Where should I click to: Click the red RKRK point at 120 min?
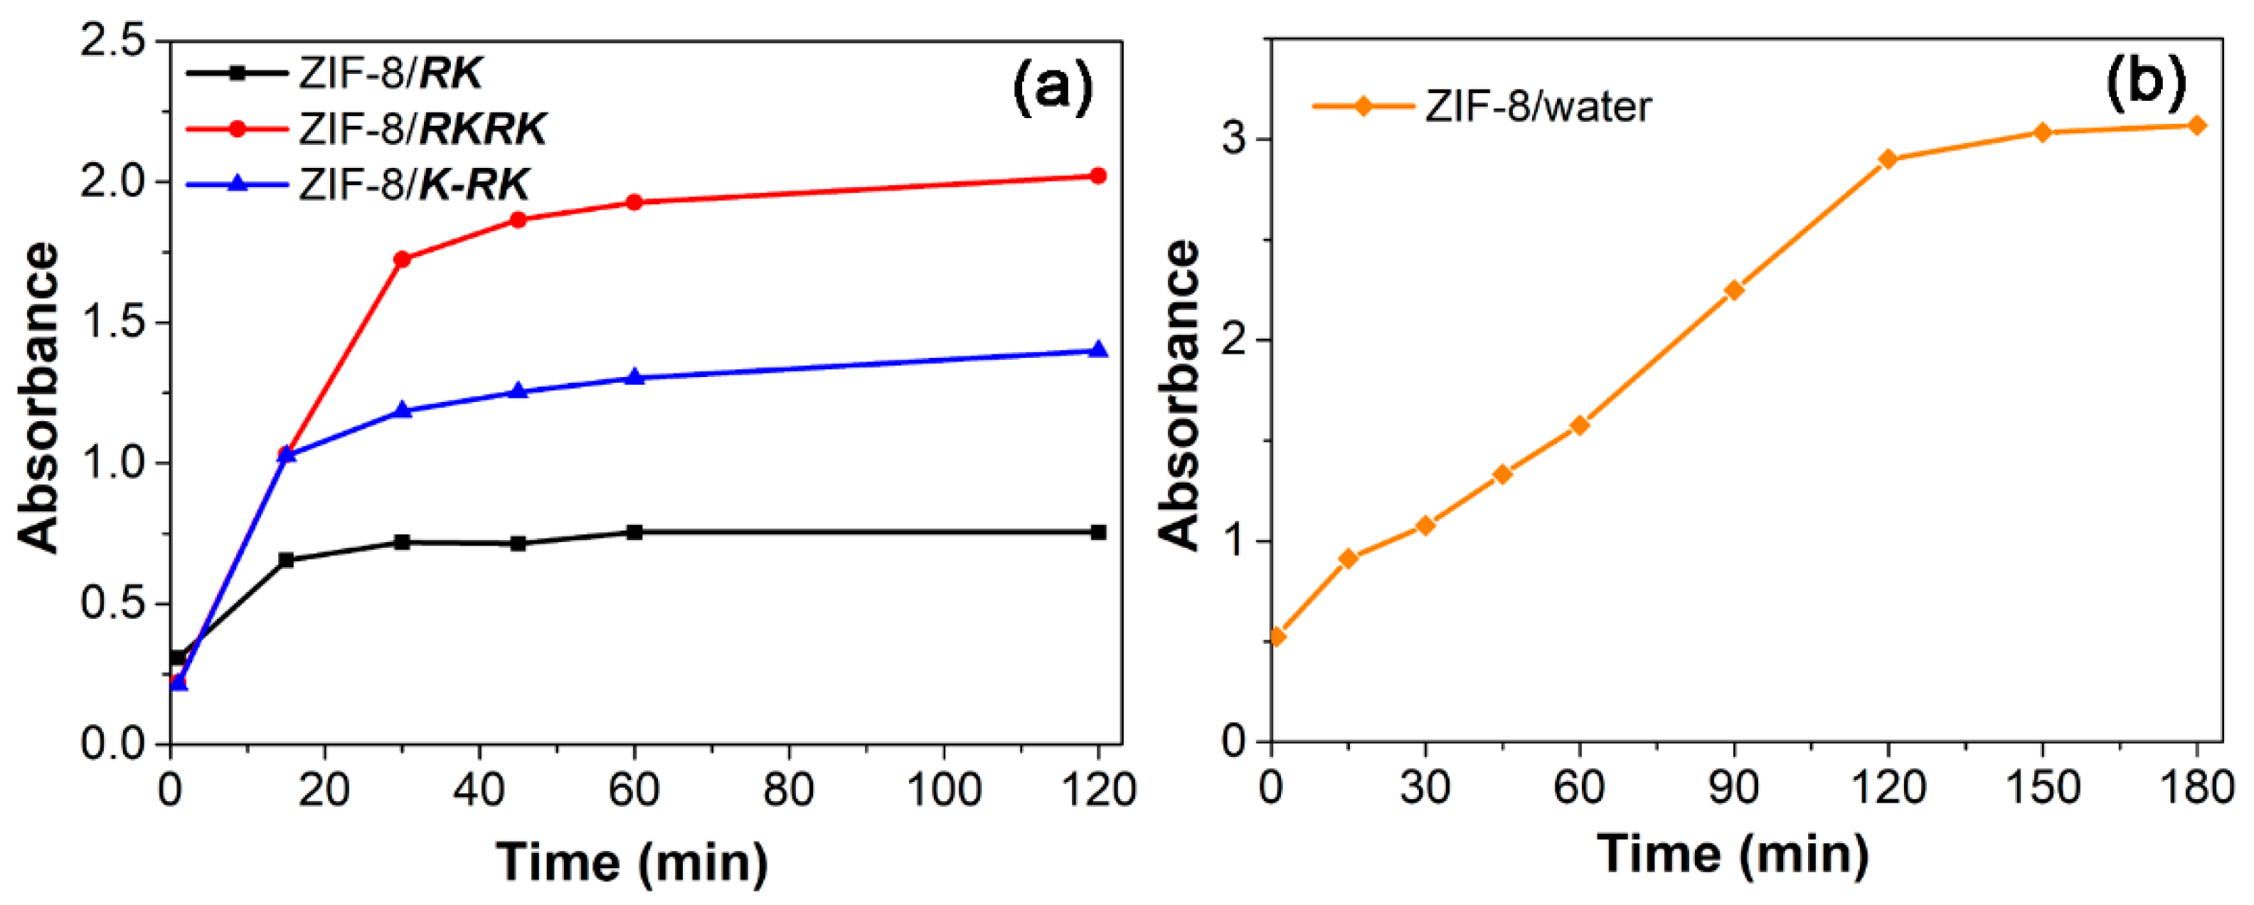click(x=1098, y=176)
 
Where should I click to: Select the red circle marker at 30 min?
click(x=403, y=259)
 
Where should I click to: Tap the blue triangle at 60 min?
click(x=635, y=377)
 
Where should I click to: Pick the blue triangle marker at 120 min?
click(x=1098, y=350)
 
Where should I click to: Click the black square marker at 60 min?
click(x=635, y=532)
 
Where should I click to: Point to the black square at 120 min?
click(x=1098, y=532)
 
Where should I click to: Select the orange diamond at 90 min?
click(x=1734, y=290)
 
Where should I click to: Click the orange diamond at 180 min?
click(x=2196, y=125)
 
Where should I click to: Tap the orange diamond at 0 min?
click(x=1277, y=636)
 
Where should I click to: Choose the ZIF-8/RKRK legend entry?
click(x=422, y=129)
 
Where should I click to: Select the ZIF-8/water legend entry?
click(x=1537, y=107)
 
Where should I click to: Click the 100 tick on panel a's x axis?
click(x=943, y=790)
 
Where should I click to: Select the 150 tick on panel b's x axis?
click(x=2042, y=788)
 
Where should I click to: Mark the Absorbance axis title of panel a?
click(x=39, y=398)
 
